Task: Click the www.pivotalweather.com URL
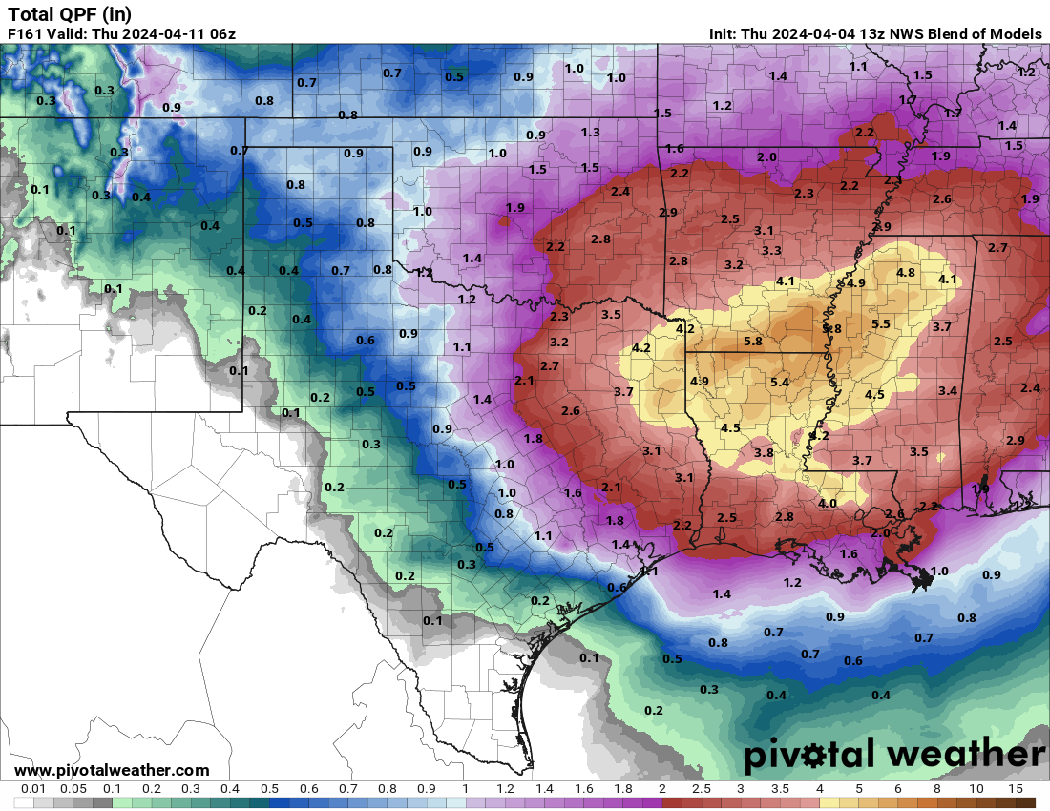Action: (112, 770)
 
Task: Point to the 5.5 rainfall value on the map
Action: (880, 324)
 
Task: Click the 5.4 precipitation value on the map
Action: (779, 382)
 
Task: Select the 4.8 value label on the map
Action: (905, 272)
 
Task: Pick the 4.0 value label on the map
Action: (828, 503)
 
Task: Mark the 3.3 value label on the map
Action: (771, 250)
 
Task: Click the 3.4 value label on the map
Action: (947, 390)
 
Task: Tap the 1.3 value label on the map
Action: (590, 133)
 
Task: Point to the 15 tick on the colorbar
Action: (1016, 789)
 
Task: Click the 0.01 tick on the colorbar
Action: (34, 789)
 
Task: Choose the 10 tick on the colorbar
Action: (976, 789)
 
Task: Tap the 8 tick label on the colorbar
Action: (937, 789)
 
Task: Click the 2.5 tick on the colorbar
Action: (701, 789)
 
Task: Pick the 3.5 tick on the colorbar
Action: (780, 789)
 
